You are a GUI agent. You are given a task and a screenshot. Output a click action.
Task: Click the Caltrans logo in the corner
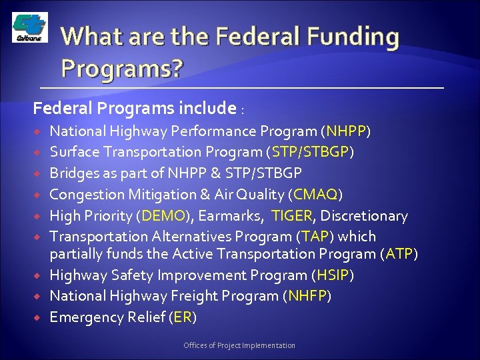29,29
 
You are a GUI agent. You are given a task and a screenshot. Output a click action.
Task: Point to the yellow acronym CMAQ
315,194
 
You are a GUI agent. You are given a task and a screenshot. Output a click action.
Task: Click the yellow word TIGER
291,215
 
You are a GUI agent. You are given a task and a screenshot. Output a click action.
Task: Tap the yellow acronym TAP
315,237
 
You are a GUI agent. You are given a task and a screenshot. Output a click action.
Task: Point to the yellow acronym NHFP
307,296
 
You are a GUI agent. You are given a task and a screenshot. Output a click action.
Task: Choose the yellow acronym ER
182,317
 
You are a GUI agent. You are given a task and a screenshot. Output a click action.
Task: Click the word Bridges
75,173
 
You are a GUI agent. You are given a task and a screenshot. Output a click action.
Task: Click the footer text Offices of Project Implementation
240,345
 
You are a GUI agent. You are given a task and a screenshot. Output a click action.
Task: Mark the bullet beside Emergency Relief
39,317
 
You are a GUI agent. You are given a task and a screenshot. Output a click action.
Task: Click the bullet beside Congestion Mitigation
39,194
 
